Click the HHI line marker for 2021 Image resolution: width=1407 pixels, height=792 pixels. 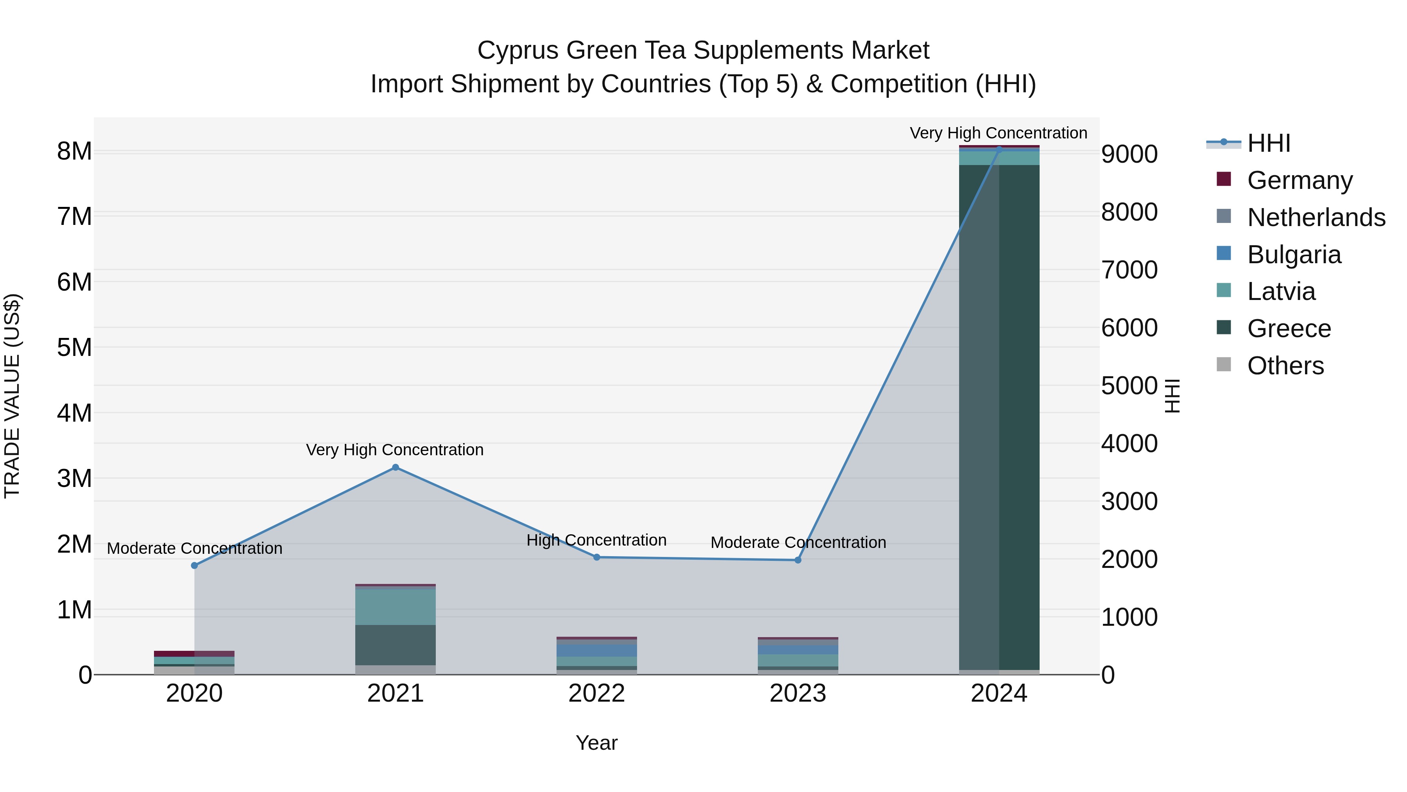point(396,467)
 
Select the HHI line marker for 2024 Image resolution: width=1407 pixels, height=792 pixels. point(999,149)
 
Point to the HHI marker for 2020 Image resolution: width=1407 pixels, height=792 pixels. point(195,565)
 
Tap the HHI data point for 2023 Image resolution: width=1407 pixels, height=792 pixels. point(797,560)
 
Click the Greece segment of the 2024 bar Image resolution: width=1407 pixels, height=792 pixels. point(999,415)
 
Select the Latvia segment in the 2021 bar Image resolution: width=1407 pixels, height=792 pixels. point(396,607)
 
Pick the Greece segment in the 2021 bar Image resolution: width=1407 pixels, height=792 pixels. point(396,645)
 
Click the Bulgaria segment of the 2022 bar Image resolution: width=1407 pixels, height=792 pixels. point(596,650)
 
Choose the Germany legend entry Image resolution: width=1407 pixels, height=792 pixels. point(1300,180)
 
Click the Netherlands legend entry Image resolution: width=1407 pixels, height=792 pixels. point(1316,217)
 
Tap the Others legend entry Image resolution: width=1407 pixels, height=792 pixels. point(1286,366)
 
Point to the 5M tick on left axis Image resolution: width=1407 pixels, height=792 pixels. point(74,348)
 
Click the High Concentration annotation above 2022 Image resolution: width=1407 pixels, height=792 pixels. point(596,540)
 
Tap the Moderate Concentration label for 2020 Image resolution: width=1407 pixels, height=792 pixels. point(195,548)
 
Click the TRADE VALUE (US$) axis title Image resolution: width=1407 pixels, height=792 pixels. point(12,396)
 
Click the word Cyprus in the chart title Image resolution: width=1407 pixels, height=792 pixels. point(518,50)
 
